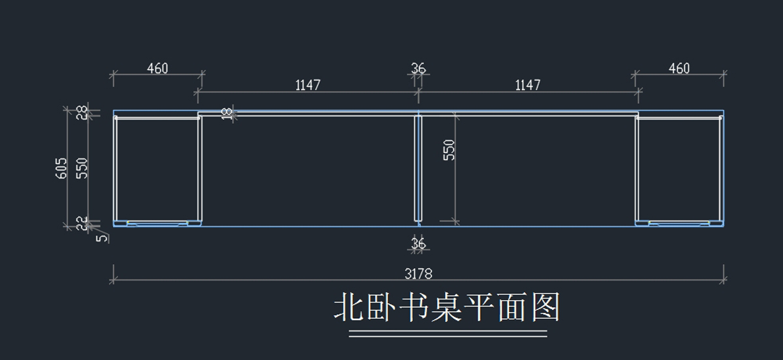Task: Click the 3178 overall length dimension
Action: [x=418, y=274]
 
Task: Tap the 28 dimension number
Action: [x=82, y=113]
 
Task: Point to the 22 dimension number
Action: [x=82, y=223]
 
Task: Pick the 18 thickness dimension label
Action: [x=227, y=113]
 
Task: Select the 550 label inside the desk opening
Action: [x=449, y=150]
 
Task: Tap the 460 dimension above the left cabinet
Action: [x=157, y=68]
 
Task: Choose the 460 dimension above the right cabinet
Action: [x=679, y=68]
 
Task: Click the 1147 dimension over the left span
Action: [x=308, y=85]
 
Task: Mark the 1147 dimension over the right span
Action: [x=528, y=85]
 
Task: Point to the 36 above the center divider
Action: [x=418, y=68]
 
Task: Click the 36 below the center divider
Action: [x=418, y=243]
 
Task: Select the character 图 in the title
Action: [x=545, y=307]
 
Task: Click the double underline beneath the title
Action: [x=448, y=334]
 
